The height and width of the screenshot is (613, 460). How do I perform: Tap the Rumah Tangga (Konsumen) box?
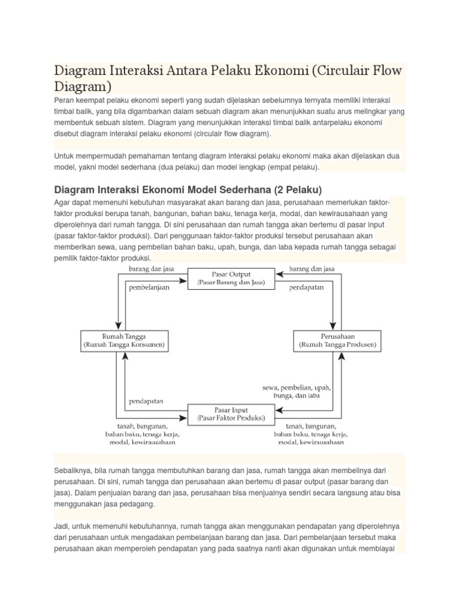[x=123, y=341]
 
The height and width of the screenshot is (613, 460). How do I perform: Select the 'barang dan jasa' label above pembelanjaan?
[x=152, y=269]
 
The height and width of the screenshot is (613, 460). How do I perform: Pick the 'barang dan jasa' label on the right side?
[x=312, y=269]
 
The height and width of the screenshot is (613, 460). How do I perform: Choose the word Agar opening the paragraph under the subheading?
[x=63, y=202]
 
